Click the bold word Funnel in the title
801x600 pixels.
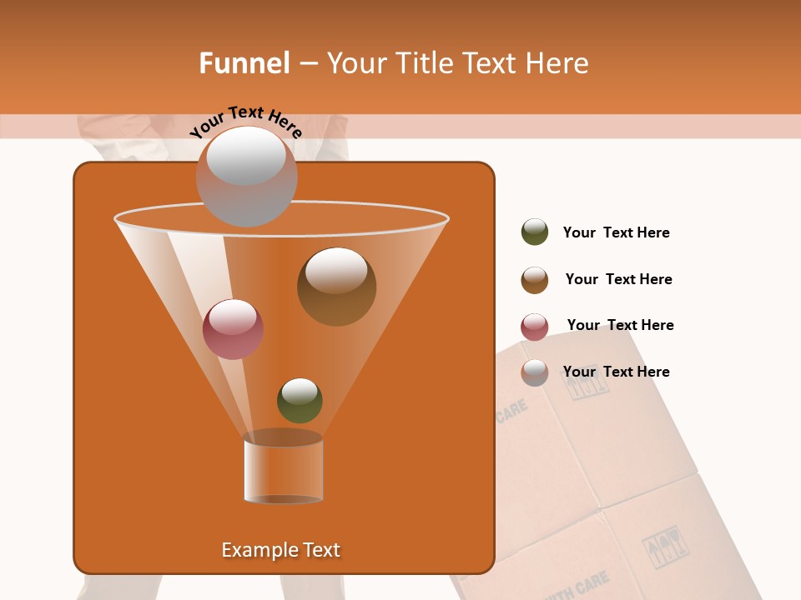coord(244,62)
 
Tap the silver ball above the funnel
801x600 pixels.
coord(246,176)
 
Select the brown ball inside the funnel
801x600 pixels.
coord(336,287)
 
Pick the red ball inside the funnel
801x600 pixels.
coord(233,329)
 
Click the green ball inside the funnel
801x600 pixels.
coord(300,400)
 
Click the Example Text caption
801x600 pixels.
coord(281,550)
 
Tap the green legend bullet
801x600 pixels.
coord(535,232)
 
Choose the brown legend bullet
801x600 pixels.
coord(535,280)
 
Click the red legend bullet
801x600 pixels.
coord(535,327)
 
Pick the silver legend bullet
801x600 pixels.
coord(535,372)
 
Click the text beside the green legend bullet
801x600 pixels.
coord(616,232)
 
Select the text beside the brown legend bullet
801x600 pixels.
coord(618,279)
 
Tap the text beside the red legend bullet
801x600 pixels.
coord(620,325)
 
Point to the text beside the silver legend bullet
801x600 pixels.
coord(616,372)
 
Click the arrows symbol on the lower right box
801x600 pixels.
coord(665,547)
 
